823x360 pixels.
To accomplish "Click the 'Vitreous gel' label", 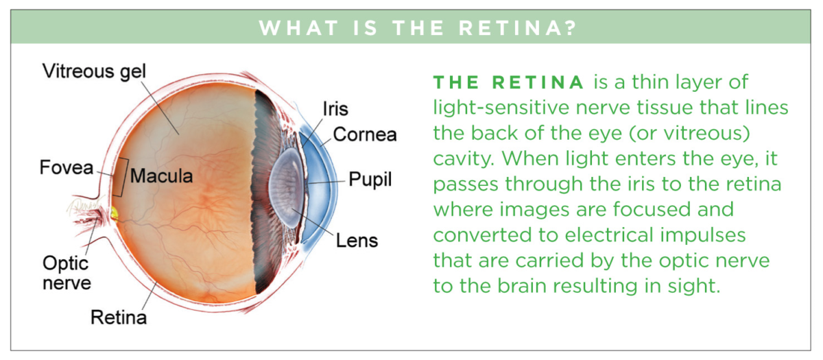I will (94, 71).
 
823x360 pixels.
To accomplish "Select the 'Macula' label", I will (161, 176).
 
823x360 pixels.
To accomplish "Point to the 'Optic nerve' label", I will (66, 273).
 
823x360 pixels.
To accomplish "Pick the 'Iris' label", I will (335, 108).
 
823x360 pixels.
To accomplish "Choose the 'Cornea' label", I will (365, 134).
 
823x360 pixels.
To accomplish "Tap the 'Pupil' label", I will (370, 180).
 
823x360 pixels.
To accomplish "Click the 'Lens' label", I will (357, 241).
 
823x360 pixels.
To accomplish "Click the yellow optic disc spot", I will (114, 214).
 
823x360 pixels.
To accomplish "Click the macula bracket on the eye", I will (123, 176).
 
